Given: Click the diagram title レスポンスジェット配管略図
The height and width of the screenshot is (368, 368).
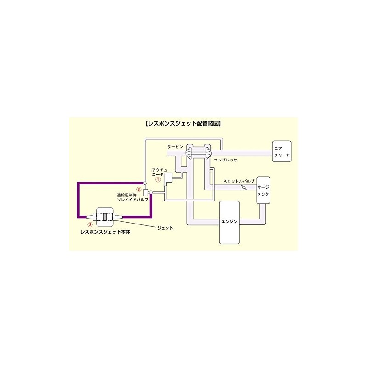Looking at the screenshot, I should [184, 124].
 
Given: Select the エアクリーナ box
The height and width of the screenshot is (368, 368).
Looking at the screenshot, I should [282, 152].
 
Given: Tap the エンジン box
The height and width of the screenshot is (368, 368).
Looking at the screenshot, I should [229, 222].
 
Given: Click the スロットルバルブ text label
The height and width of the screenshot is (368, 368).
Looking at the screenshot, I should [238, 182].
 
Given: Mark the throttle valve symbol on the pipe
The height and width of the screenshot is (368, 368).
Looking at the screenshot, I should [243, 188].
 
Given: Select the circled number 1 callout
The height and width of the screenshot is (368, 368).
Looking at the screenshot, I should [157, 180].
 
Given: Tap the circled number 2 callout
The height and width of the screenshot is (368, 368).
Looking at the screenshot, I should [138, 189].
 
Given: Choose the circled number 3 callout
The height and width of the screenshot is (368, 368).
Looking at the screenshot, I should [90, 224].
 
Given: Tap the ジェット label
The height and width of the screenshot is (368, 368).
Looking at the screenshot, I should [165, 228].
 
